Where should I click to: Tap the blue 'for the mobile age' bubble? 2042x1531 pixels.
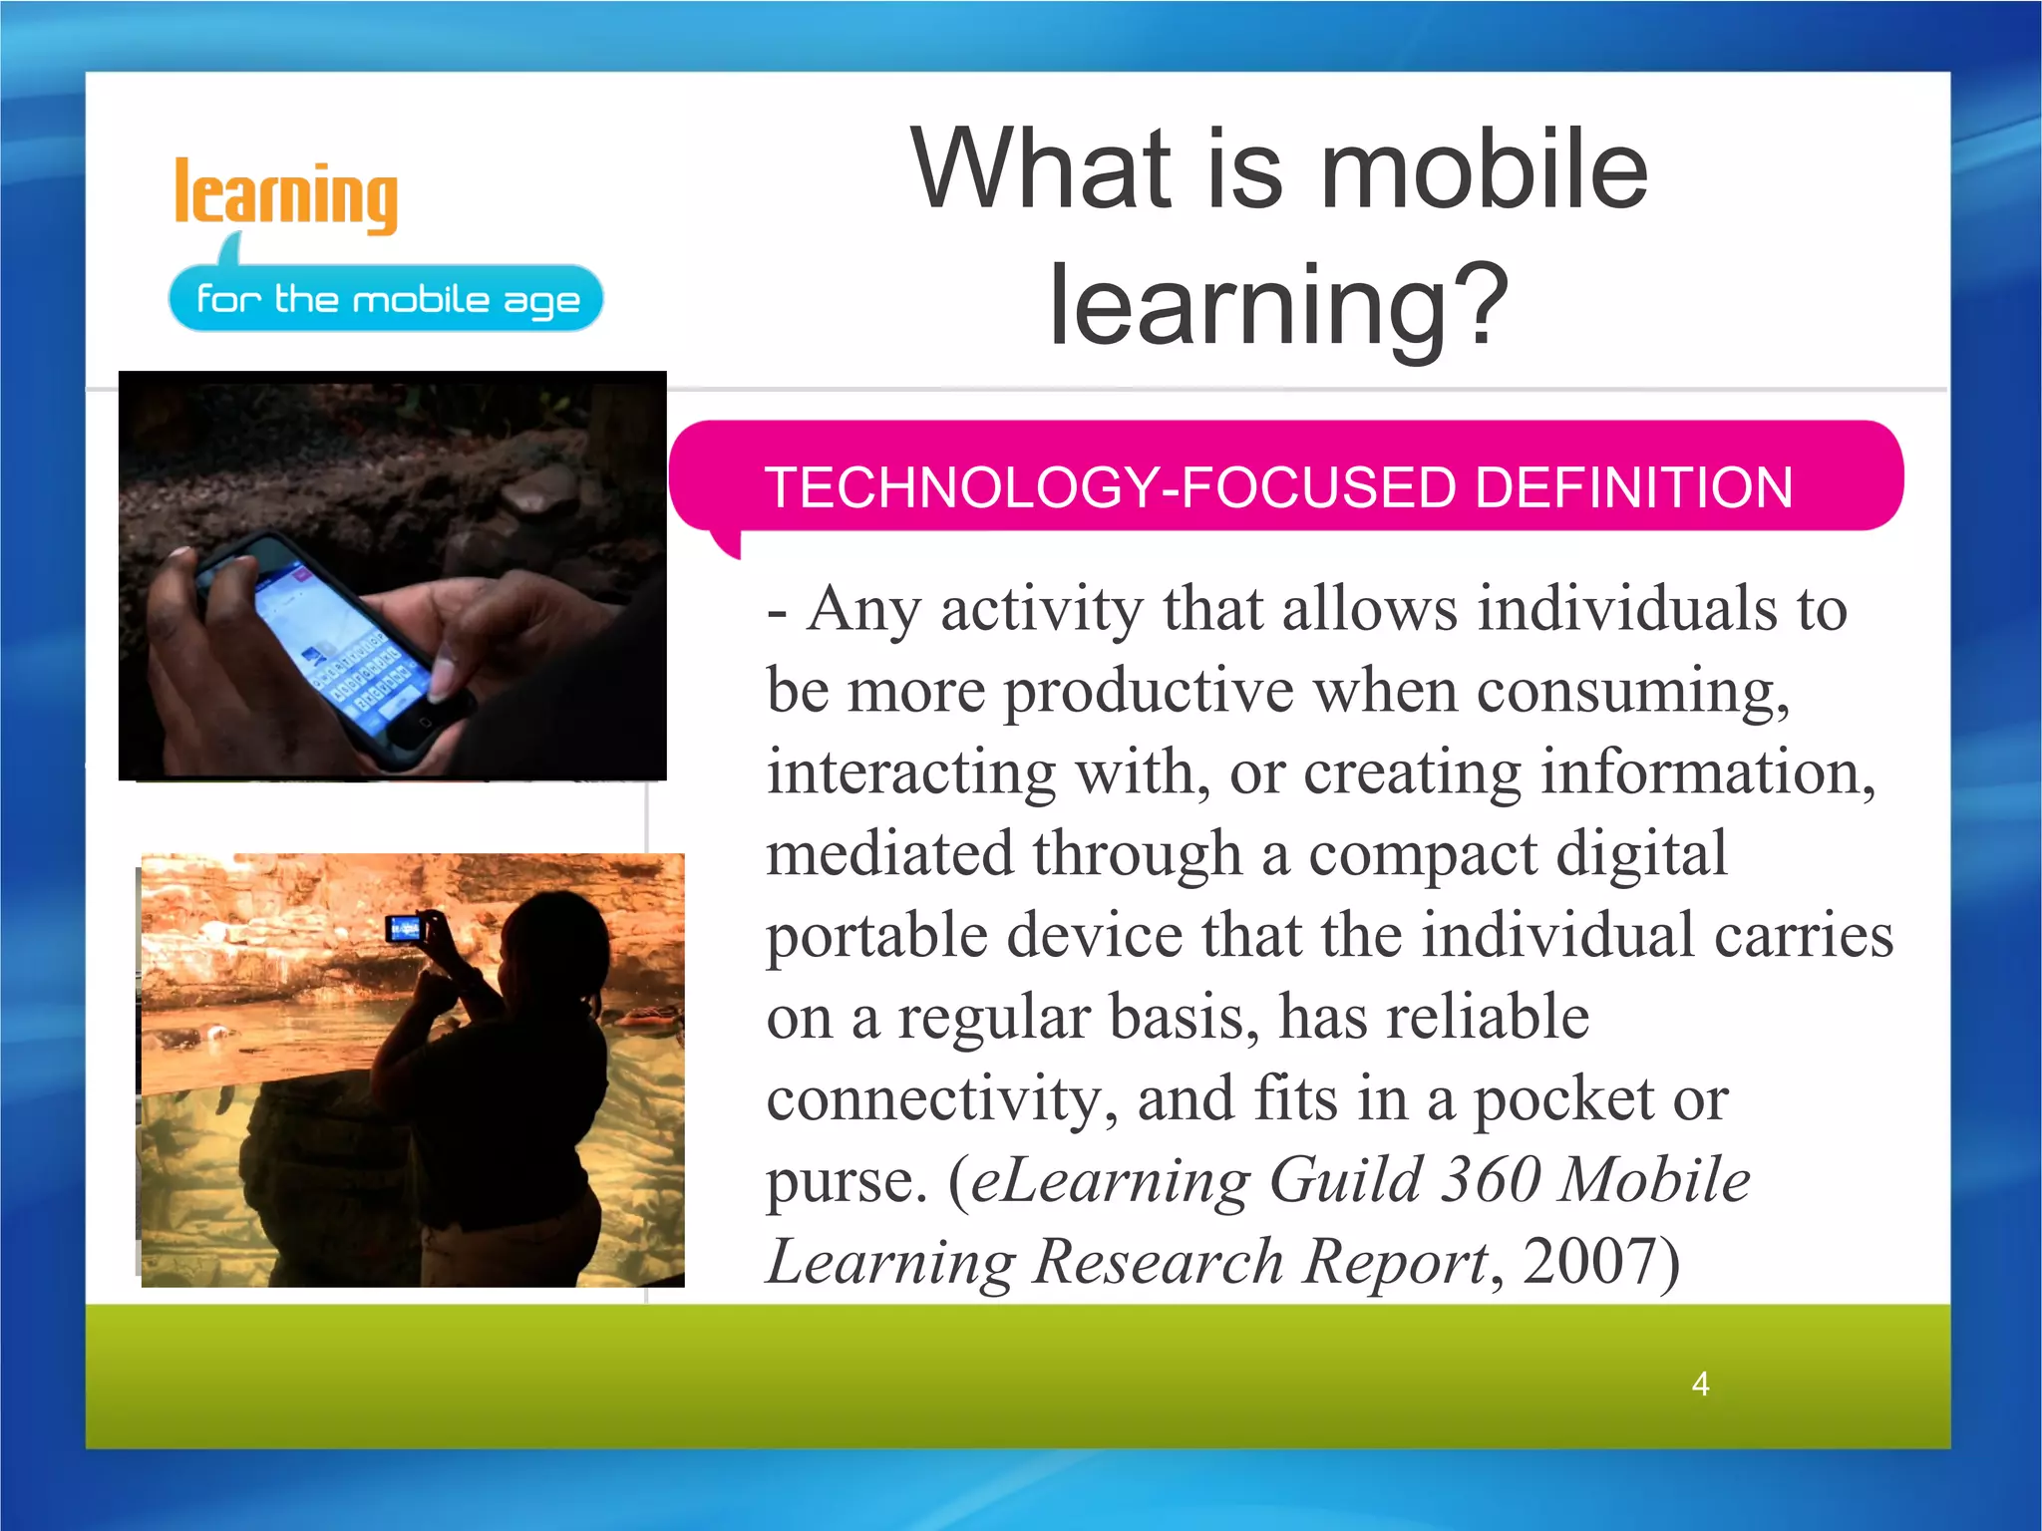(387, 298)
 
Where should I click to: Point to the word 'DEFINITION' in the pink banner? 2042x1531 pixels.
(1633, 487)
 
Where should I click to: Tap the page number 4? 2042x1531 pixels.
(1700, 1383)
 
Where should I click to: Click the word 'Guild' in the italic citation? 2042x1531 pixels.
(1345, 1179)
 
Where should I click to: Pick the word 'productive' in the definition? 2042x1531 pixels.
(1148, 690)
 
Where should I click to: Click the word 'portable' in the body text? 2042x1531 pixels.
(875, 937)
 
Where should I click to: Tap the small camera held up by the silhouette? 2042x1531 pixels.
(406, 929)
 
